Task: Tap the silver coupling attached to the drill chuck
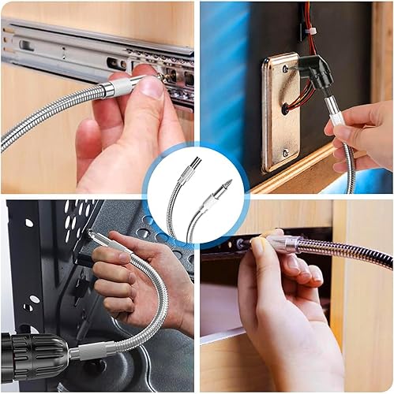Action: [x=80, y=353]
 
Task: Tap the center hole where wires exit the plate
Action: [x=285, y=109]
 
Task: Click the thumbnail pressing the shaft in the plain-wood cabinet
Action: [x=153, y=87]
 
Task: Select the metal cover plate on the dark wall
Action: [x=281, y=111]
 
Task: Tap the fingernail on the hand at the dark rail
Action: [x=258, y=247]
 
